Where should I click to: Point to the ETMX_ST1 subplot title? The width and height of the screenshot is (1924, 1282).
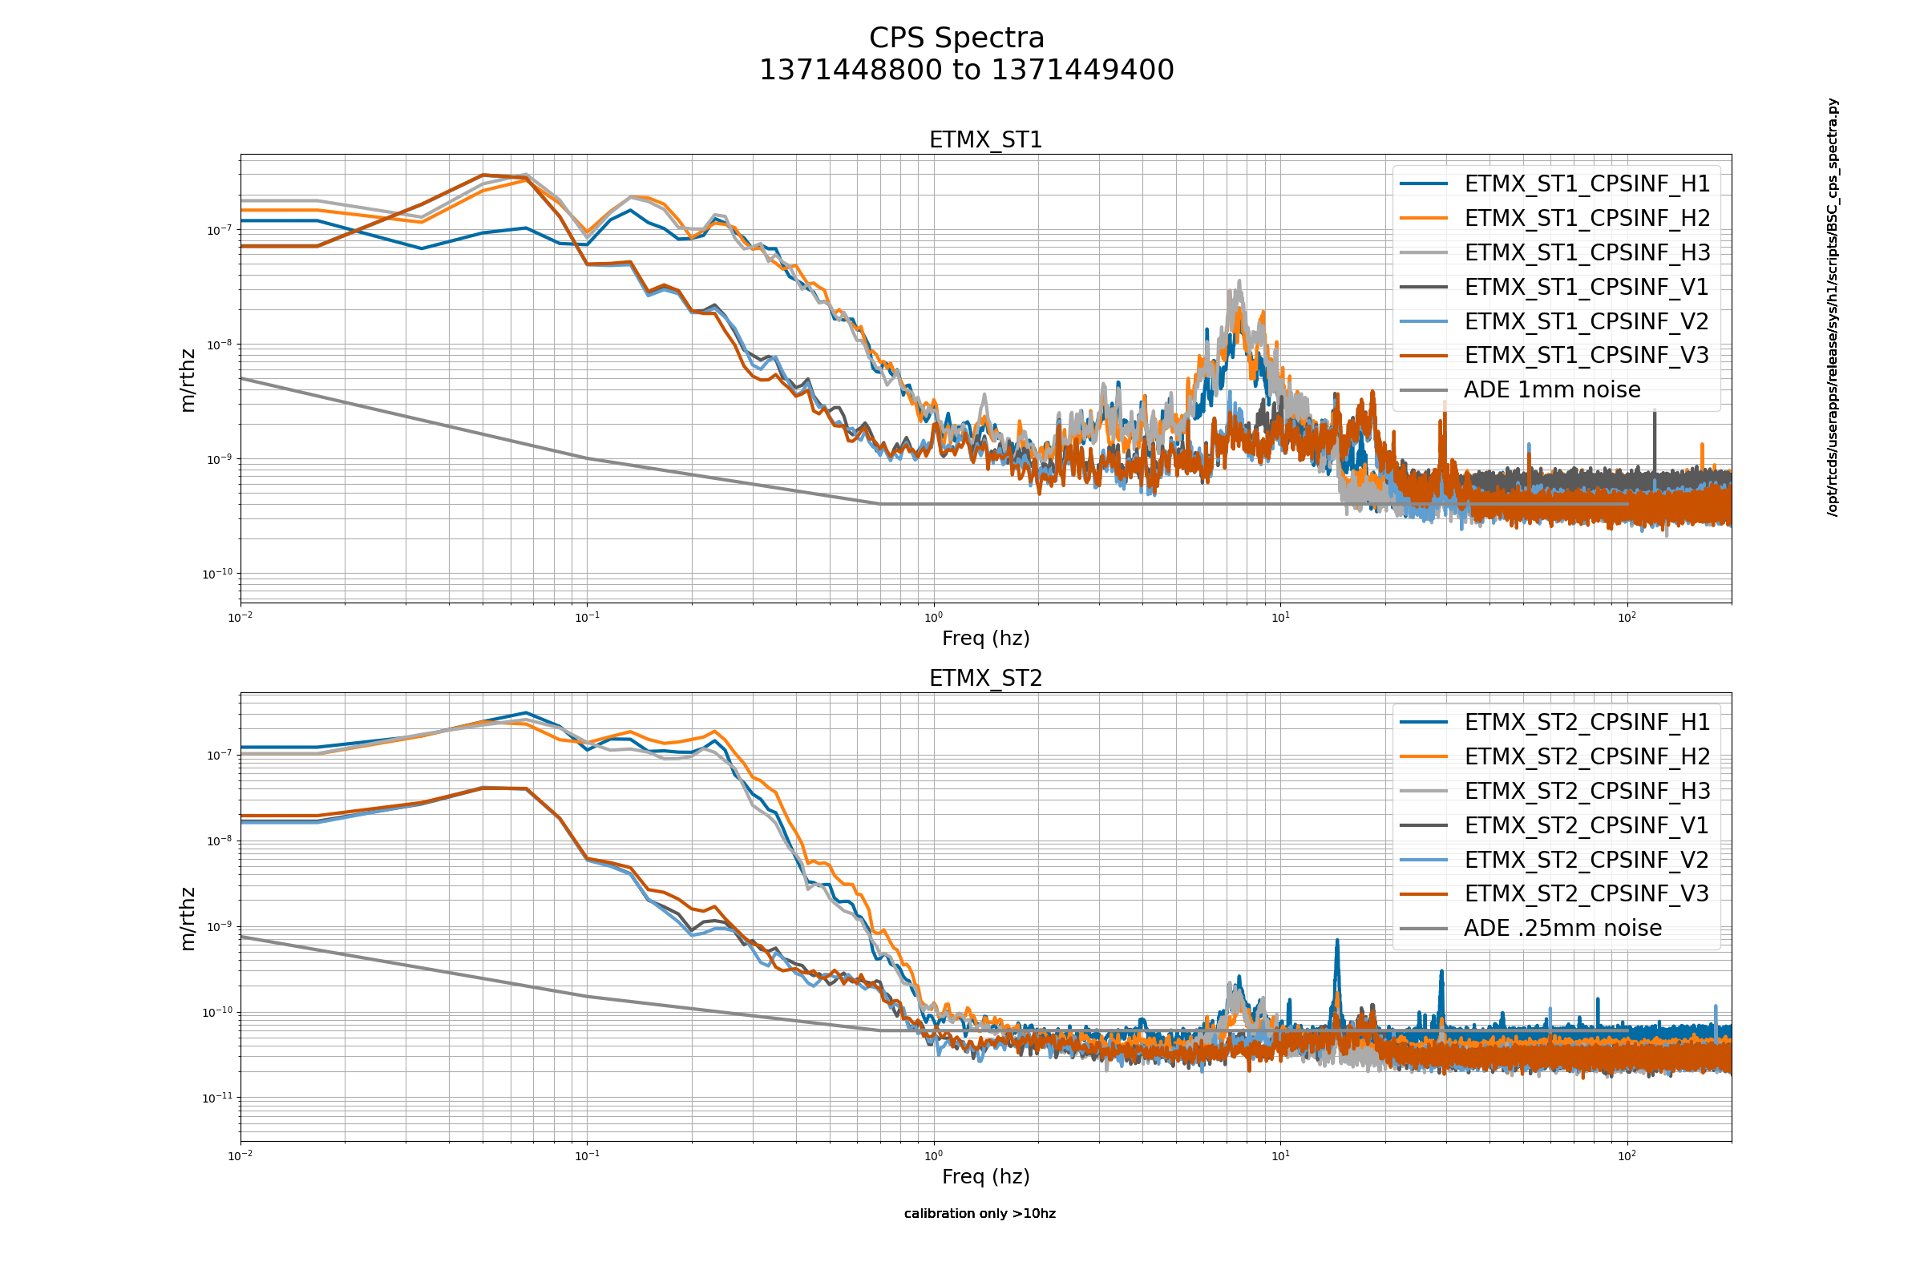tap(986, 139)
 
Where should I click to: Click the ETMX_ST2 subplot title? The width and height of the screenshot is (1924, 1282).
tap(986, 679)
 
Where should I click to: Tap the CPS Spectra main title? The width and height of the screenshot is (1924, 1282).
tap(956, 38)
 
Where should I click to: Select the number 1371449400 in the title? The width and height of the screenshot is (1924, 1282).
tap(1083, 71)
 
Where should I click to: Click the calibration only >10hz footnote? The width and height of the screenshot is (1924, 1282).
tap(979, 1213)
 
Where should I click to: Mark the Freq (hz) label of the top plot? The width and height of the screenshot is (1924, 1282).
tap(986, 639)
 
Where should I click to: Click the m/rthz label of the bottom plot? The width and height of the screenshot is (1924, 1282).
tap(188, 919)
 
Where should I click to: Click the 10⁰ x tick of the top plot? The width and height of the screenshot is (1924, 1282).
tap(933, 617)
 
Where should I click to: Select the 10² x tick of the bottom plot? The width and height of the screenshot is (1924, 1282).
tap(1627, 1156)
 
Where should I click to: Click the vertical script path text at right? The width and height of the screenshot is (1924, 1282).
tap(1833, 307)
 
